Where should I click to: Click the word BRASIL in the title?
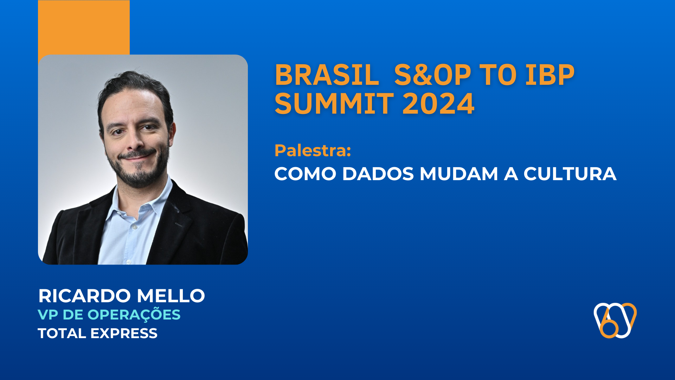[327, 75]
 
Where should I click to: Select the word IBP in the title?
[550, 75]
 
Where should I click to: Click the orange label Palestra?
[313, 150]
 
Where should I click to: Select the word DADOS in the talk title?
[378, 174]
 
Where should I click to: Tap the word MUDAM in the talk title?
[459, 174]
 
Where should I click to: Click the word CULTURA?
[570, 174]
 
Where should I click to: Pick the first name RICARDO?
[85, 296]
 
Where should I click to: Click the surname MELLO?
[171, 296]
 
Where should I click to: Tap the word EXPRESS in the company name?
[124, 333]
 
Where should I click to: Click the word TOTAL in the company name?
[62, 333]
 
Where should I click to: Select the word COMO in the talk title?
[305, 174]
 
